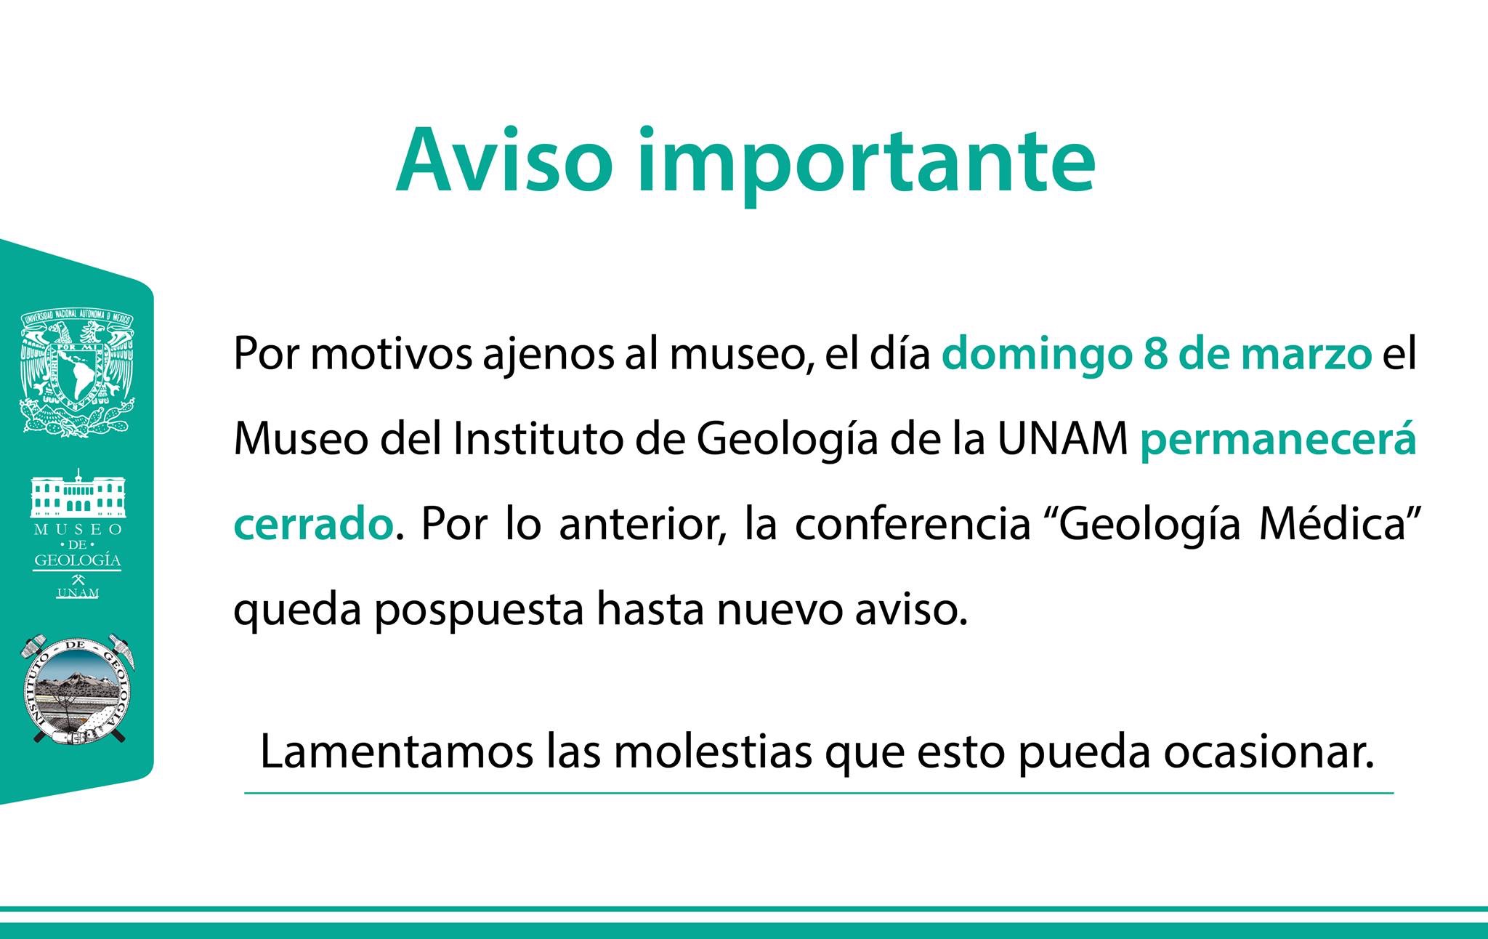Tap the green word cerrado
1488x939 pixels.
[x=313, y=525]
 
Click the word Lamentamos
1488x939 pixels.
[x=397, y=753]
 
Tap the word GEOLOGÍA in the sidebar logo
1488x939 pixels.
[x=78, y=560]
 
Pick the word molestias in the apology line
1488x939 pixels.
[x=712, y=753]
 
